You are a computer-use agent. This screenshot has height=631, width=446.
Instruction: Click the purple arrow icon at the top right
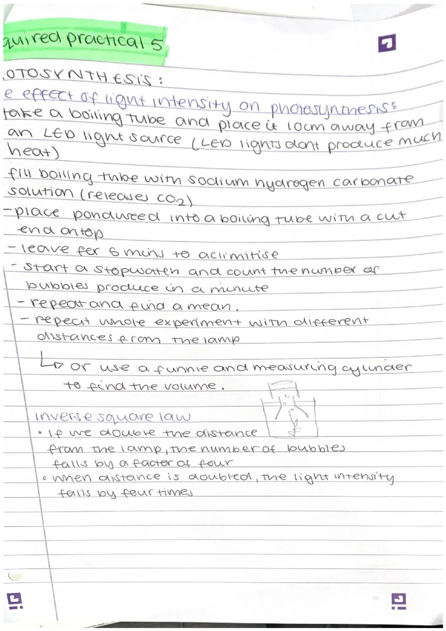pos(387,43)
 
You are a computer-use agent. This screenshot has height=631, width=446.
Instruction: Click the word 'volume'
pos(190,386)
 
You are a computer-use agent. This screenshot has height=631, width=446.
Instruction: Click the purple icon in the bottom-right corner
pos(400,601)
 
